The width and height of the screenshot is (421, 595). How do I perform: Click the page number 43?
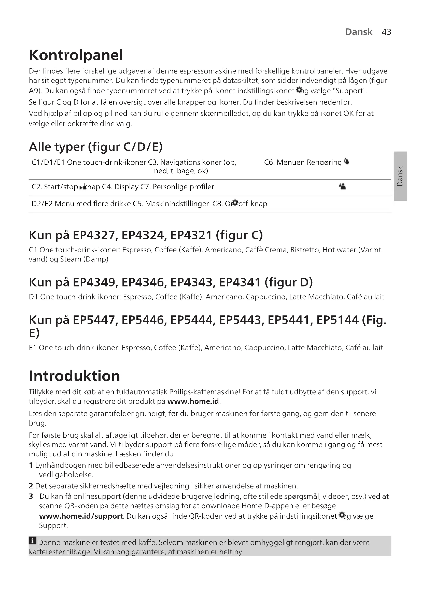(x=386, y=32)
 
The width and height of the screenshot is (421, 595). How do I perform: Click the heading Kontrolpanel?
(x=76, y=55)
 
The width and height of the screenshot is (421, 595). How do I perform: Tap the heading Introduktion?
(x=74, y=376)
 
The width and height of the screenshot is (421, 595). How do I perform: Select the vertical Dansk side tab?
(x=400, y=176)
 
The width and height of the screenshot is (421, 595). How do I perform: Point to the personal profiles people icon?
(x=342, y=186)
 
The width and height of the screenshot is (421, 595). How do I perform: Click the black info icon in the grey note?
(x=32, y=541)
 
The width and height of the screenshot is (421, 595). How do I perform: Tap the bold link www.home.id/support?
(x=81, y=516)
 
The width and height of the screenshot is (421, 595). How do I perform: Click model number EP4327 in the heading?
(x=94, y=235)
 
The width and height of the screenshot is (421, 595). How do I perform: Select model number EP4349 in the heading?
(x=94, y=282)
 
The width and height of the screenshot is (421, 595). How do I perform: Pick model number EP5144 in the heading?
(x=337, y=320)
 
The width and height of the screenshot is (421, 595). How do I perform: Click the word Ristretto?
(x=305, y=250)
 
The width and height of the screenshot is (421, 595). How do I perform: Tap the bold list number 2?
(x=31, y=486)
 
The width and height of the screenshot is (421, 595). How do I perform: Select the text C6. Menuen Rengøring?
(x=303, y=163)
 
